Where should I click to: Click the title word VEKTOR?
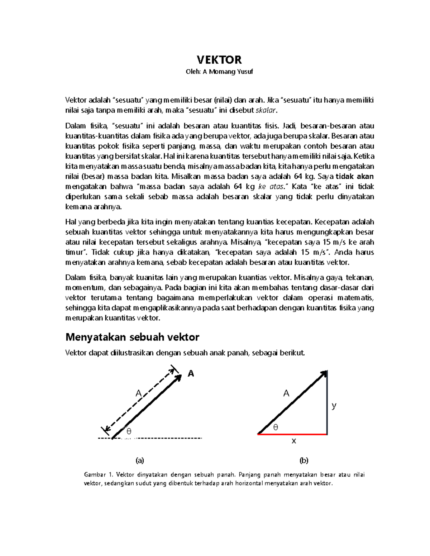click(x=219, y=59)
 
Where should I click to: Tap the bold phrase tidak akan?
click(x=354, y=176)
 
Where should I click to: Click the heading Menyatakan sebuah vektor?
click(x=132, y=337)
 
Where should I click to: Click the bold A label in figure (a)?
click(x=191, y=374)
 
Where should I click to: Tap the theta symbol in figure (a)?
click(x=129, y=431)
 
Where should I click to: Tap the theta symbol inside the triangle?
click(x=275, y=427)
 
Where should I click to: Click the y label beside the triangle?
click(x=334, y=406)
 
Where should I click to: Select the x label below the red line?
click(x=294, y=441)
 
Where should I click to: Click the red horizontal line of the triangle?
click(x=292, y=434)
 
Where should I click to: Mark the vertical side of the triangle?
click(x=327, y=405)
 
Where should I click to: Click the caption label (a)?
click(x=139, y=460)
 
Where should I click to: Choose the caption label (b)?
click(x=304, y=460)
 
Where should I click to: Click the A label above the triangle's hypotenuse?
click(x=286, y=393)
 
